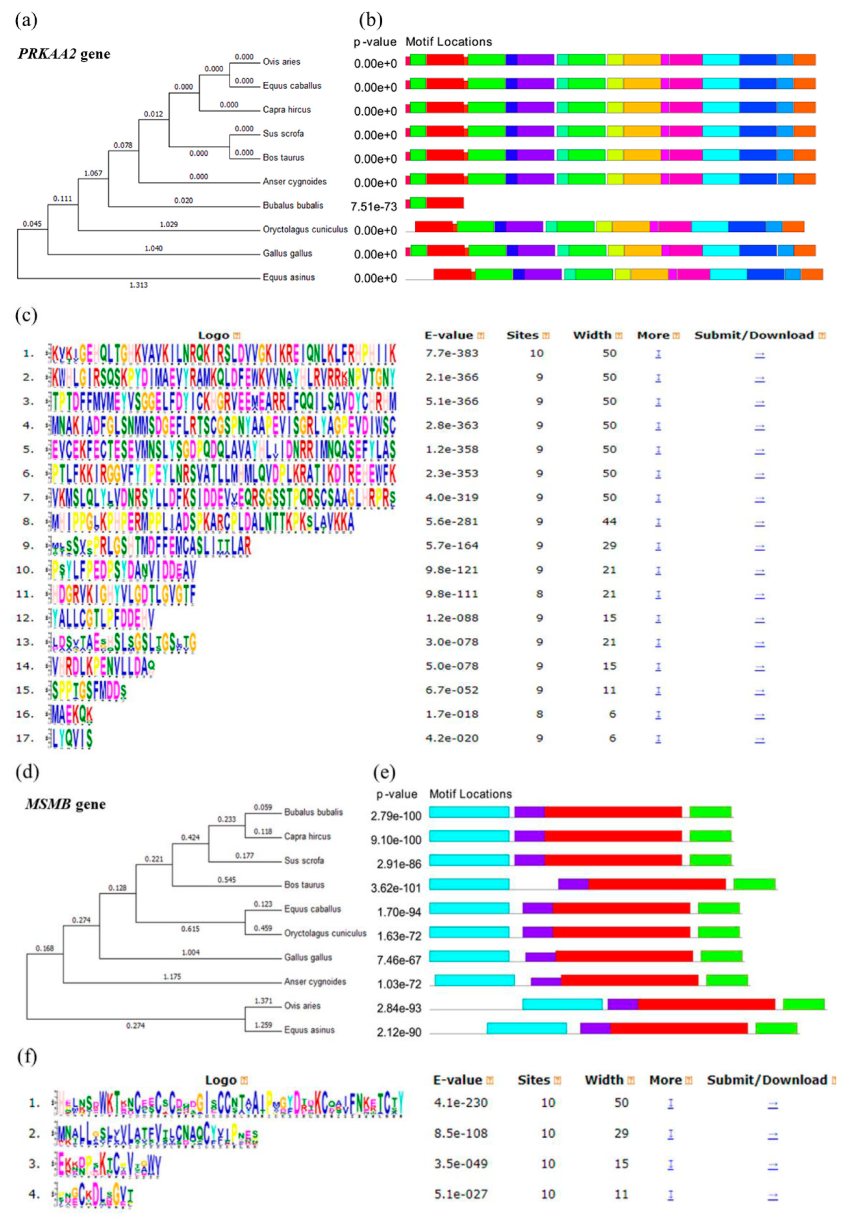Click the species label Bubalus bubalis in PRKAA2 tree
tap(293, 206)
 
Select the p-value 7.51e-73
tap(374, 207)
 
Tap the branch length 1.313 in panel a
tap(139, 285)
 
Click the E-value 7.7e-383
tap(452, 353)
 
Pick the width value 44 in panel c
tap(609, 522)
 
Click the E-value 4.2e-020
tap(452, 738)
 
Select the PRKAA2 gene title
tap(64, 54)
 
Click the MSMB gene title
tap(65, 804)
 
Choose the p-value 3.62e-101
tap(396, 888)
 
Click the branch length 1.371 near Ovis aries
tap(263, 1001)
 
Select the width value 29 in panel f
tap(621, 1133)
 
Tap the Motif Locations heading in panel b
tap(448, 42)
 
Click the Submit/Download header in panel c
tap(754, 335)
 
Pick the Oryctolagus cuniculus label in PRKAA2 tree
tap(305, 229)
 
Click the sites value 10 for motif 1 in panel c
tap(536, 353)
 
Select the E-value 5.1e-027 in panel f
tap(461, 1194)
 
